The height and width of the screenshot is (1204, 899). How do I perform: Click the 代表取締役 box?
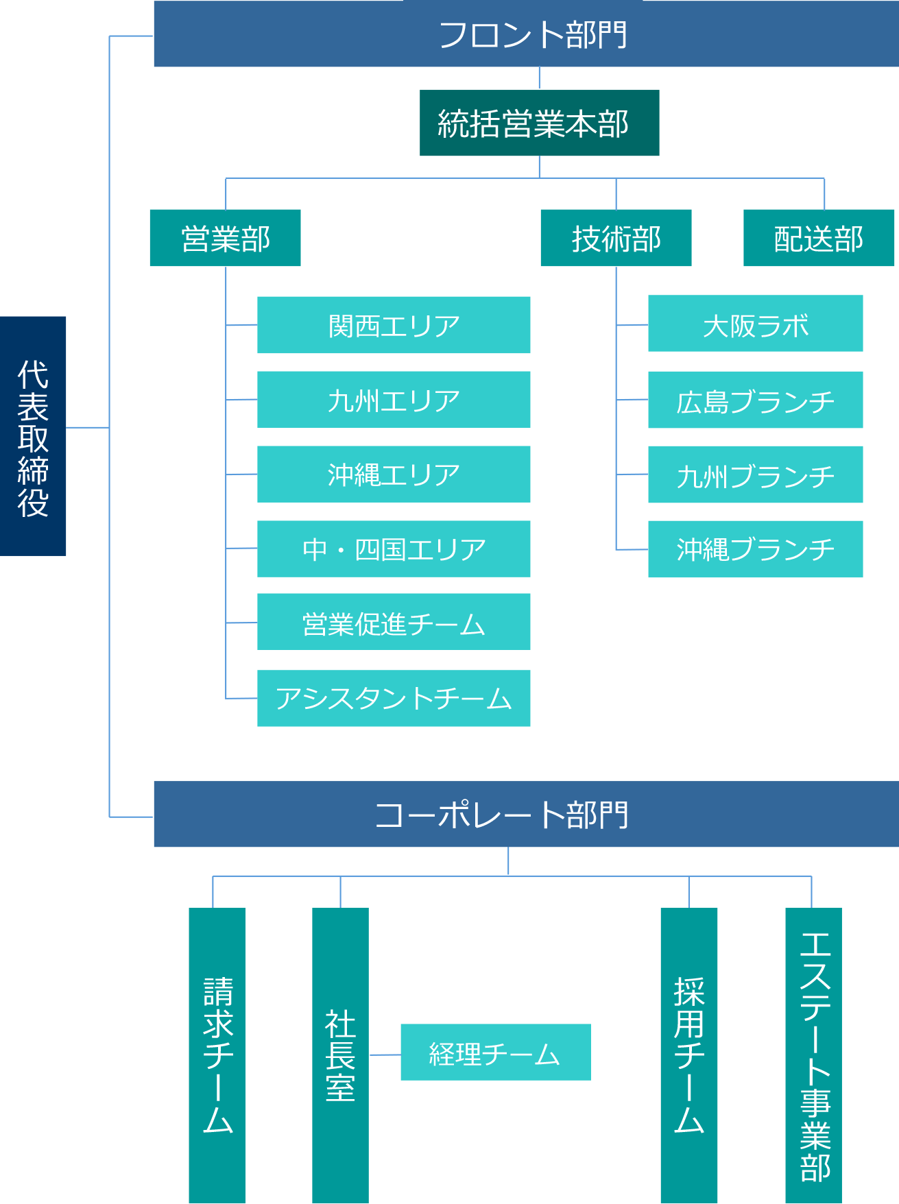coord(33,436)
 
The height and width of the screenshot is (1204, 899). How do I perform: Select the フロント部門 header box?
coord(525,34)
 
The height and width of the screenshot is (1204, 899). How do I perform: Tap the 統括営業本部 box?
coord(539,123)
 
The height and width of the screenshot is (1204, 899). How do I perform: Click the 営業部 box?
coord(225,238)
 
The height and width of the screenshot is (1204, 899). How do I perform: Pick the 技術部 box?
coord(616,238)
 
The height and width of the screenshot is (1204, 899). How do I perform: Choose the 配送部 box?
coord(819,238)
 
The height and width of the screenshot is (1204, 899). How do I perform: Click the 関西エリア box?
coord(394,325)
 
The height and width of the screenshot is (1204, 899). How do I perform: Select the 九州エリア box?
coord(394,400)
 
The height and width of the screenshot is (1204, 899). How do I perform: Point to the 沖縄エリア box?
coord(394,474)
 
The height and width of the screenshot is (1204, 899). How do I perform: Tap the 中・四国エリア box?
coord(394,549)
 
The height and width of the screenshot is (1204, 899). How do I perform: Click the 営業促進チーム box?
coord(394,622)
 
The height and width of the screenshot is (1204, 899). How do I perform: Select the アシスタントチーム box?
coord(394,699)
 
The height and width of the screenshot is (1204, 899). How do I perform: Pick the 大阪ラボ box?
coord(755,324)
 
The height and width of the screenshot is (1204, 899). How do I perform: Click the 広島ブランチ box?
coord(755,400)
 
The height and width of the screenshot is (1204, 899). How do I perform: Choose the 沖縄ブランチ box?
coord(755,549)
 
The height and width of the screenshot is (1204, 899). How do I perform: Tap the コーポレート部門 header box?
coord(525,815)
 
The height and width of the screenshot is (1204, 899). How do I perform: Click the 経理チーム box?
coord(495,1052)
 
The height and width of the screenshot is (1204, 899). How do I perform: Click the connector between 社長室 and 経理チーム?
coord(385,1055)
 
